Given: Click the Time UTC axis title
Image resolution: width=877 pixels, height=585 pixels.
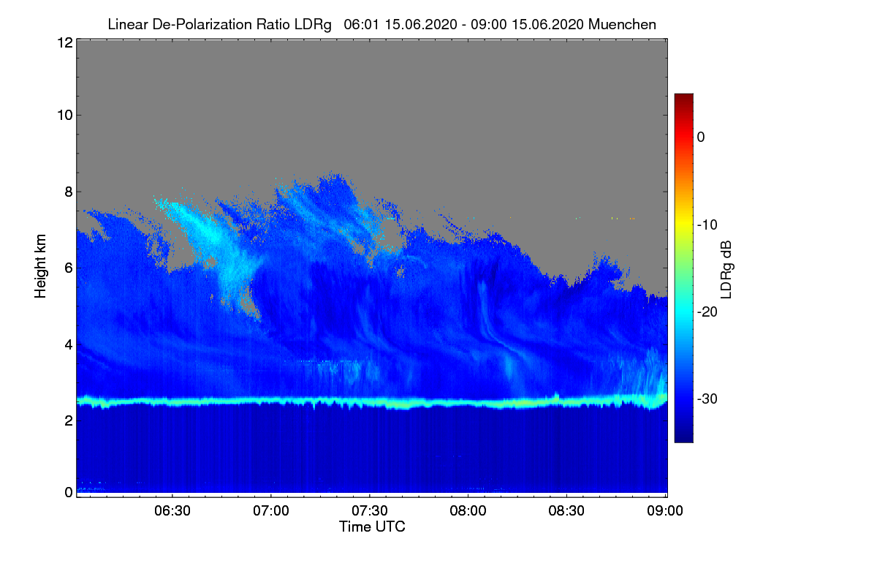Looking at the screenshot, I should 372,526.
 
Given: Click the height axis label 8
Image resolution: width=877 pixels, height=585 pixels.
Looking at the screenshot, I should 67,192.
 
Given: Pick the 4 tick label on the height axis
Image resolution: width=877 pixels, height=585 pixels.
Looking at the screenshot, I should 67,344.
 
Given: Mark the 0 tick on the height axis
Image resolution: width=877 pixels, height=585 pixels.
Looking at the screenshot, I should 67,492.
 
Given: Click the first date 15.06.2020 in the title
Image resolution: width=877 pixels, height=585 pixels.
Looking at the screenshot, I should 406,24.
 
